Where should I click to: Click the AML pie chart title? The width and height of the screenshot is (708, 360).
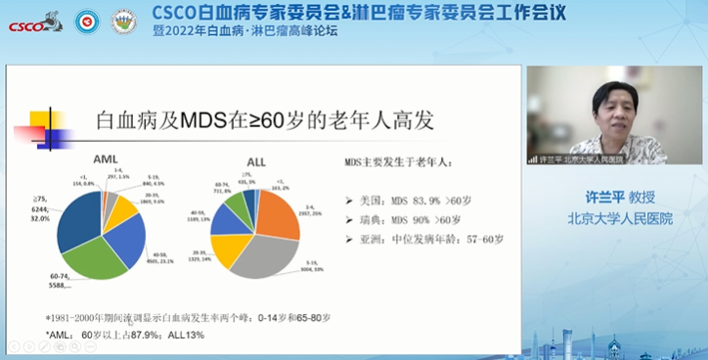tap(106, 157)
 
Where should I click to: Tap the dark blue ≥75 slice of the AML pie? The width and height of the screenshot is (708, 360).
tap(78, 220)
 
